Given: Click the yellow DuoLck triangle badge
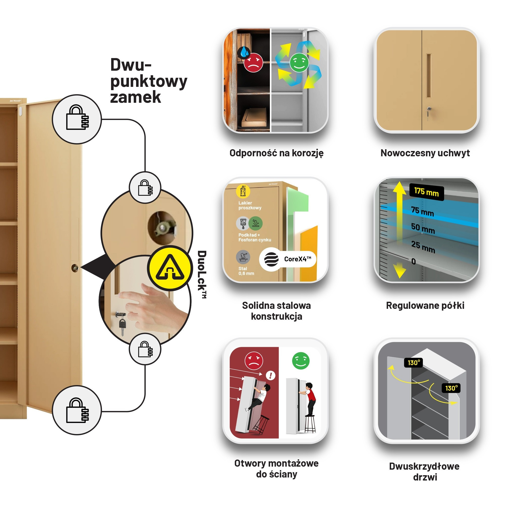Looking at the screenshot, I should coord(170,268).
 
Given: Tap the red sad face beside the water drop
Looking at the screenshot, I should coord(253,62).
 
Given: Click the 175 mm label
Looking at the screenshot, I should coord(426,192).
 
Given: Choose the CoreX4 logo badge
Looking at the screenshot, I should coord(288,259).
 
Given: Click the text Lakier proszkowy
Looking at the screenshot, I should coord(250,206).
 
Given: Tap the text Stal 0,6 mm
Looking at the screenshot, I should coord(246,271).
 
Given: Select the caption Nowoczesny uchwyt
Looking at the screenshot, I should coord(425,153).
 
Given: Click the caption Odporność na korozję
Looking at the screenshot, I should coord(276,153).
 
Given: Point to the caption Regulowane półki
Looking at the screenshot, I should coord(425,305).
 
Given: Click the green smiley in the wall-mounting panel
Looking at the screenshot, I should coord(300,361).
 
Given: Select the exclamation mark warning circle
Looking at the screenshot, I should coord(270,376).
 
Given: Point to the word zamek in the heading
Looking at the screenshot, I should coord(135,97).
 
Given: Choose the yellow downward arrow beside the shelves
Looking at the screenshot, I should coord(399,270).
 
